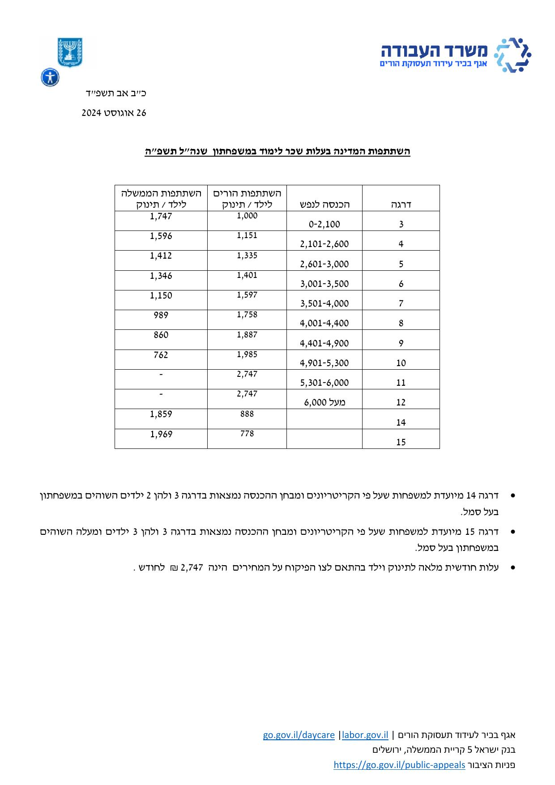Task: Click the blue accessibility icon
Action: click(x=50, y=77)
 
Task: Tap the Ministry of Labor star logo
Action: click(x=512, y=55)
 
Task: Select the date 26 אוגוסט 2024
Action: click(x=114, y=113)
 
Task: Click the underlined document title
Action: click(x=277, y=151)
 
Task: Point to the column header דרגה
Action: click(x=401, y=205)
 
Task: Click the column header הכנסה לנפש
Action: click(x=324, y=205)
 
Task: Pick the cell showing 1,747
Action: click(x=161, y=217)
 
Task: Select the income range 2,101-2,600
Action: click(x=324, y=244)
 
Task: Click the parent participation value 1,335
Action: click(x=247, y=255)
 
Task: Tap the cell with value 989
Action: click(x=161, y=315)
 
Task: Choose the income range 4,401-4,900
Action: click(x=324, y=343)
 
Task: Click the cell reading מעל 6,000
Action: click(x=324, y=402)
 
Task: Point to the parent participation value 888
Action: click(x=247, y=414)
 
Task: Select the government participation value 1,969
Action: click(x=161, y=434)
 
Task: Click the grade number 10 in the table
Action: click(x=401, y=363)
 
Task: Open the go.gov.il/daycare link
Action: click(x=299, y=735)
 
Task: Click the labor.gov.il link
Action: click(x=365, y=735)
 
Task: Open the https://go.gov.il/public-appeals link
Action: click(x=399, y=765)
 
